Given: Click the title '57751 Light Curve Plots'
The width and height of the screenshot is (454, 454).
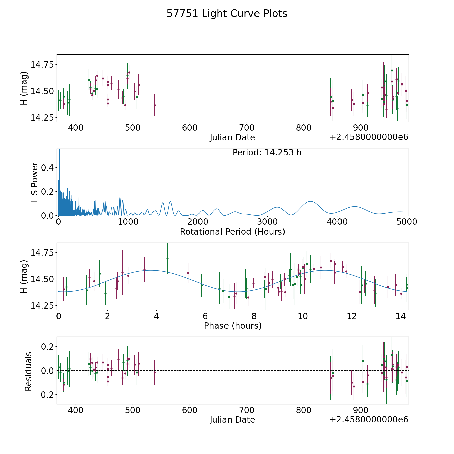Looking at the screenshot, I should click(x=227, y=14).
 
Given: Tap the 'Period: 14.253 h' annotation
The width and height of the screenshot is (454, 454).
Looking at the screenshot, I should click(x=267, y=153).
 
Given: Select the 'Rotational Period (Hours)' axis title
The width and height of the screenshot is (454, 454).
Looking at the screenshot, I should click(x=232, y=232).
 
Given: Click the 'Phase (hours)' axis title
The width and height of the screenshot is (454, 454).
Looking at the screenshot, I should click(x=233, y=326).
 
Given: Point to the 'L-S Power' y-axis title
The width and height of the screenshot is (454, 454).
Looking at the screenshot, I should click(x=35, y=182).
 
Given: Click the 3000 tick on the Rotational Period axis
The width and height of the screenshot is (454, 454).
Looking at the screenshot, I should click(x=267, y=222).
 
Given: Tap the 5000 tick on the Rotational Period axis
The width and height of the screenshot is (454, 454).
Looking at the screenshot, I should click(x=407, y=222).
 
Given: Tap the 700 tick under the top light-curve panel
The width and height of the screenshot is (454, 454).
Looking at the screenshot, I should click(x=246, y=128).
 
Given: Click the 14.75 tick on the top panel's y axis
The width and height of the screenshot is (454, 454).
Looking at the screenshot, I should click(x=42, y=65).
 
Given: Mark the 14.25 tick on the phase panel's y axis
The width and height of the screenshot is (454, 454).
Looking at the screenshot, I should click(x=42, y=306).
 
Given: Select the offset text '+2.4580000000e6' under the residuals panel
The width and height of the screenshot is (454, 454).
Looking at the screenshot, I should click(x=369, y=420).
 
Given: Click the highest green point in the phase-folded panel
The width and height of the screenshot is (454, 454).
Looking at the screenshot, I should click(x=167, y=259).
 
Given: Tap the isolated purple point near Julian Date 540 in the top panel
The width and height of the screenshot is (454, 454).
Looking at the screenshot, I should click(x=155, y=105).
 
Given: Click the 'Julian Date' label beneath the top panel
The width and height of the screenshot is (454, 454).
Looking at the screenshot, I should click(x=232, y=138).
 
